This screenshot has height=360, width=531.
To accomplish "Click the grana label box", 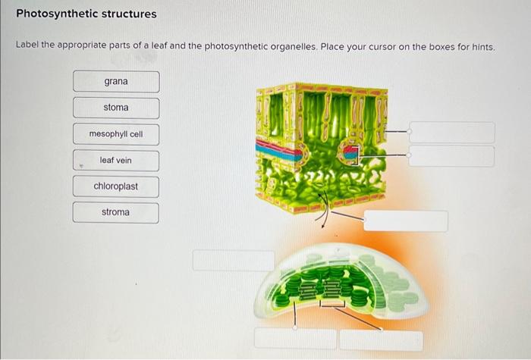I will [x=116, y=82].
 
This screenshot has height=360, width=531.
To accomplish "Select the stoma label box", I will [x=116, y=108].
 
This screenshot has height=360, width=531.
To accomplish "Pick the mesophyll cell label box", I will [x=116, y=134].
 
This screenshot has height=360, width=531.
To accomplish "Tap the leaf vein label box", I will [x=116, y=161].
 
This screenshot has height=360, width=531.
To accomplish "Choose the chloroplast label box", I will [x=116, y=186].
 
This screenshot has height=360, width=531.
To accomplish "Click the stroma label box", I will [x=116, y=212].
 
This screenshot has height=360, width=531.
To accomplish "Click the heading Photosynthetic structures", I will [x=86, y=14].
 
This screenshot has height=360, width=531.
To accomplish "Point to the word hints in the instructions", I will [x=480, y=47].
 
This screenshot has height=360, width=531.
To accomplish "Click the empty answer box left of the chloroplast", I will [x=234, y=261].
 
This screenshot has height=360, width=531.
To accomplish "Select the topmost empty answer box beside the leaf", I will [x=451, y=133].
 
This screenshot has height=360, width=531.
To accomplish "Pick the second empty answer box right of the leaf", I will [x=451, y=156].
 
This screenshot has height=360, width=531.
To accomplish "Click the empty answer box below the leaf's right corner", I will [x=405, y=221].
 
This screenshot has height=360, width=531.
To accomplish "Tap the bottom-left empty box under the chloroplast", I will [x=295, y=340].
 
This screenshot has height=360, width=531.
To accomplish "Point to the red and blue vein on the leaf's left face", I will [x=278, y=149].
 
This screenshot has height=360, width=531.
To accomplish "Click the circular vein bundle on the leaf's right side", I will [x=350, y=154].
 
